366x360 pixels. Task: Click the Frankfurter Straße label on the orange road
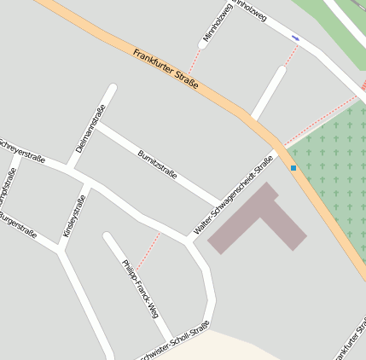click(x=166, y=68)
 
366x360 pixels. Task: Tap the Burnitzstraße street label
click(x=157, y=164)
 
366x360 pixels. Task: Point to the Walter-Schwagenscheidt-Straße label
click(x=233, y=195)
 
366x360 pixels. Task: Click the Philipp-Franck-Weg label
click(x=141, y=288)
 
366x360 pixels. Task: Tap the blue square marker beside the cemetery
click(x=293, y=168)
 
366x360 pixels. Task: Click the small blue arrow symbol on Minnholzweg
click(x=295, y=38)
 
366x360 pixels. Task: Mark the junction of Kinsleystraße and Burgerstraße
click(x=61, y=248)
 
